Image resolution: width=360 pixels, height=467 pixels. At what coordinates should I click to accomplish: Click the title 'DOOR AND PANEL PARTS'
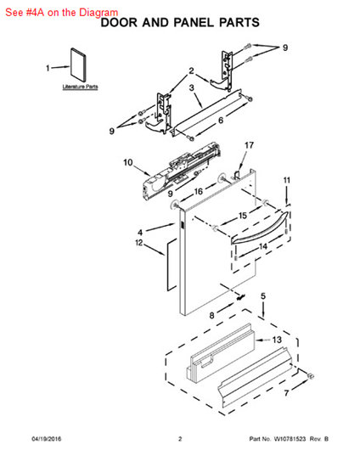point(179,23)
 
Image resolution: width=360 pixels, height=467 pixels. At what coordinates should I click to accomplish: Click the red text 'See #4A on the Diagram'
point(61,12)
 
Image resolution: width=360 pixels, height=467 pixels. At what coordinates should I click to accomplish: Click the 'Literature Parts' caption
point(80,87)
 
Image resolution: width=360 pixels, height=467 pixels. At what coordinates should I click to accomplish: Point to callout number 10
point(128,161)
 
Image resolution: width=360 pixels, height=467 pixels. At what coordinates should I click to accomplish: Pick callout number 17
point(249,146)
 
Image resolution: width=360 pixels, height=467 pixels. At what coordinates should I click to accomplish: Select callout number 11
point(286,180)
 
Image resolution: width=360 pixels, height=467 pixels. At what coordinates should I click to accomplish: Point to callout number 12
point(139,244)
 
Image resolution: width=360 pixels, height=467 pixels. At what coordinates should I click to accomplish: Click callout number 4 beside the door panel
point(140,230)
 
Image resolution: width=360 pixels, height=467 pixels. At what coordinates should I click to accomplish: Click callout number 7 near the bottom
point(286,394)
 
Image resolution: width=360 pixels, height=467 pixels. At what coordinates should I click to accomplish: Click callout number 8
point(211,316)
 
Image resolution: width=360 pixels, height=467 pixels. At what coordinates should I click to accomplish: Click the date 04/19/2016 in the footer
point(47,439)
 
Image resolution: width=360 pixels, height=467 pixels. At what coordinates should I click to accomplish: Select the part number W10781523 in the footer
point(288,439)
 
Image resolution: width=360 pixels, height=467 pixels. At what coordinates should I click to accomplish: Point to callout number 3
point(193,87)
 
